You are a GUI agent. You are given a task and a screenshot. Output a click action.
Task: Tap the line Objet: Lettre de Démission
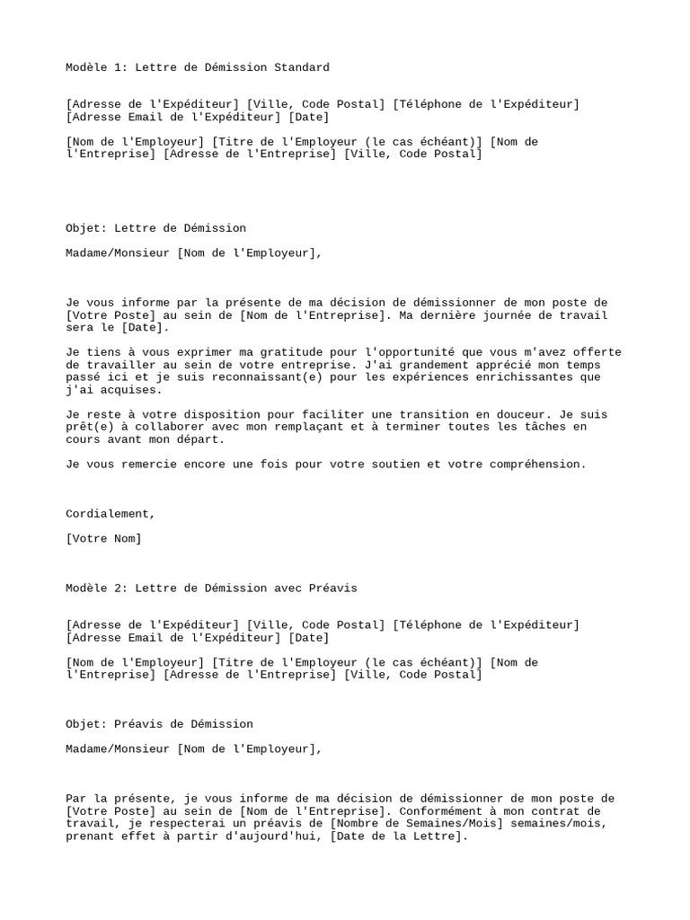point(155,228)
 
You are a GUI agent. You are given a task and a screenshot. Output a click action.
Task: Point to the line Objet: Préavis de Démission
point(159,724)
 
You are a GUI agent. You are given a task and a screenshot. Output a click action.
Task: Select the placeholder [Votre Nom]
point(103,539)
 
